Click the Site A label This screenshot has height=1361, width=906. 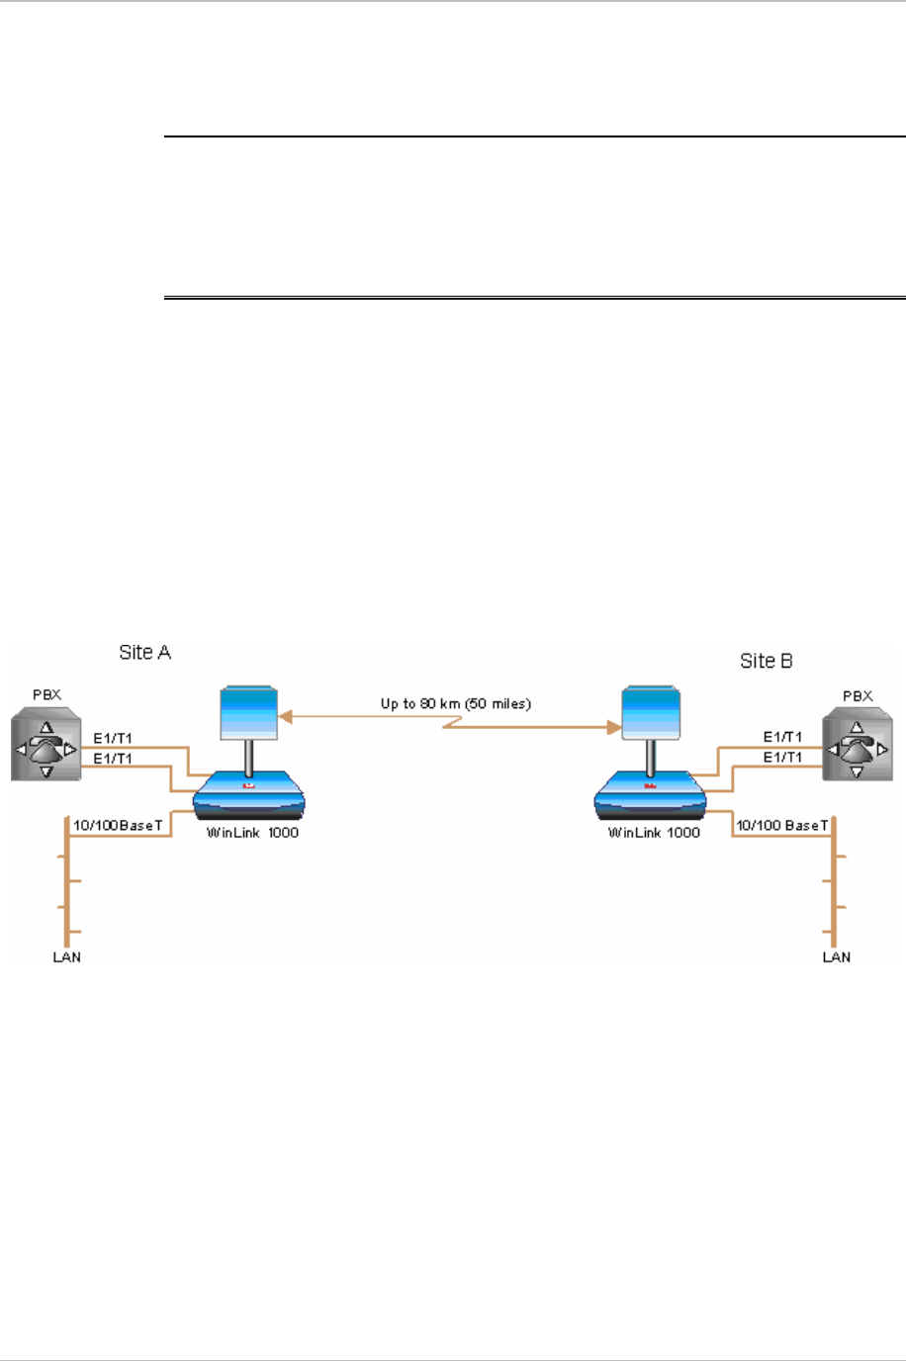pos(144,652)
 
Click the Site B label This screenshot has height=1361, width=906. pos(766,661)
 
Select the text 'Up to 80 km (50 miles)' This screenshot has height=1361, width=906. pos(456,704)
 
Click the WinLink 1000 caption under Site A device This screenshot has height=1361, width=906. pos(252,833)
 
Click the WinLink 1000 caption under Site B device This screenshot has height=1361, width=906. pos(654,833)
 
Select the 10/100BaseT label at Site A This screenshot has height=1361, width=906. pos(118,825)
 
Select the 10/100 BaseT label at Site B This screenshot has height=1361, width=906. pos(781,825)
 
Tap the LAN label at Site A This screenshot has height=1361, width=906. pos(66,956)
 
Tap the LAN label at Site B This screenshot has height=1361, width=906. pos(837,956)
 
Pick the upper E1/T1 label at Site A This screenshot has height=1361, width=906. pos(113,738)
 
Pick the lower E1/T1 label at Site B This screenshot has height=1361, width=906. pos(782,757)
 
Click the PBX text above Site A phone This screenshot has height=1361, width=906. pos(46,694)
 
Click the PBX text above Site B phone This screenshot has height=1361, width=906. pos(858,696)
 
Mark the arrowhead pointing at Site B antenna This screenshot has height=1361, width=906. pos(613,728)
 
